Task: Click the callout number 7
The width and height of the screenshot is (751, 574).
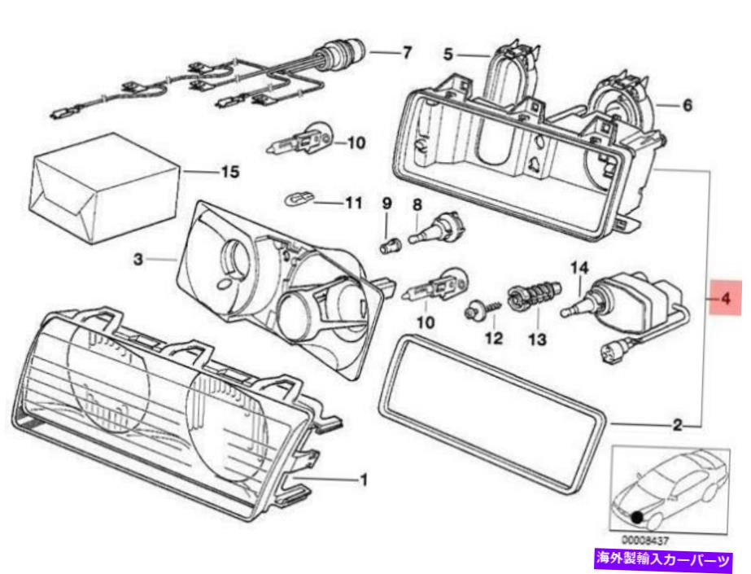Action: (x=406, y=53)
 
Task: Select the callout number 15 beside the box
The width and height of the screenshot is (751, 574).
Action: (x=230, y=172)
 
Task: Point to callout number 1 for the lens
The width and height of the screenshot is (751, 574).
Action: (x=364, y=480)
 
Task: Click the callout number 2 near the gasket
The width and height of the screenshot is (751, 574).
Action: (x=677, y=424)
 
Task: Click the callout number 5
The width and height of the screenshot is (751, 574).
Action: (x=448, y=55)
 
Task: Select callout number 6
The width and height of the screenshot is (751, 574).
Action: (x=688, y=106)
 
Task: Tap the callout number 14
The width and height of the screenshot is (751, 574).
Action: (x=579, y=266)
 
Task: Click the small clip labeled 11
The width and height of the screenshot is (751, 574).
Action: (x=299, y=198)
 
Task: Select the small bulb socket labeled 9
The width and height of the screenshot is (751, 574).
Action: (x=388, y=243)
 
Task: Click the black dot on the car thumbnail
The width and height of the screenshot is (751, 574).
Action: (x=635, y=515)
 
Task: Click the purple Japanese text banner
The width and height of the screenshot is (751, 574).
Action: (x=664, y=560)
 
